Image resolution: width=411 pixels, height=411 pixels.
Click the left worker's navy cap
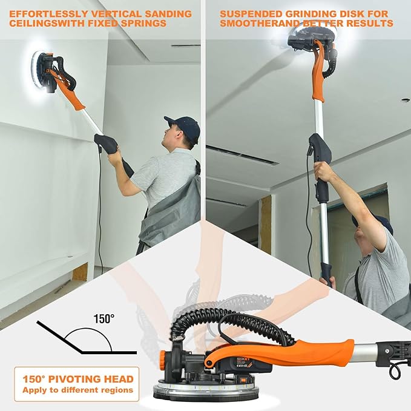coord(182,125)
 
